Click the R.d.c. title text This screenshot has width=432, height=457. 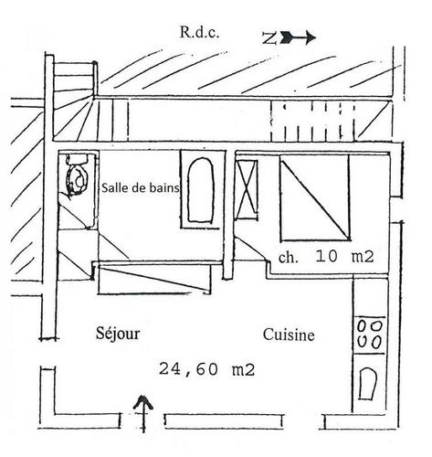[x=199, y=32]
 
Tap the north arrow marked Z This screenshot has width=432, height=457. [x=289, y=37]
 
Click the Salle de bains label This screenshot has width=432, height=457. [x=141, y=187]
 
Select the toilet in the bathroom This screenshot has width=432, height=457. [x=77, y=177]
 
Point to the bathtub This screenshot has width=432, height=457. [x=200, y=189]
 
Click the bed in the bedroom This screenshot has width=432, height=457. [x=315, y=197]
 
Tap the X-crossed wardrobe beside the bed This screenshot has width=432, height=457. [x=247, y=189]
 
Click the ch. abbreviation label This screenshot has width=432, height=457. [x=288, y=258]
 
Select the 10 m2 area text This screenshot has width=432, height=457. [x=344, y=256]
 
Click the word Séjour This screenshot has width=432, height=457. [x=118, y=333]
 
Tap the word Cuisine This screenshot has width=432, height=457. [x=289, y=335]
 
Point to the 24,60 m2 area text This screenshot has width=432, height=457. [x=206, y=369]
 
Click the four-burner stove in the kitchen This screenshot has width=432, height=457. [x=369, y=335]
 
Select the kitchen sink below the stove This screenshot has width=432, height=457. [x=367, y=384]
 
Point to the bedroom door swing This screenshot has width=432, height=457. [x=250, y=249]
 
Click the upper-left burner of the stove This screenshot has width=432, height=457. [x=362, y=326]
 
